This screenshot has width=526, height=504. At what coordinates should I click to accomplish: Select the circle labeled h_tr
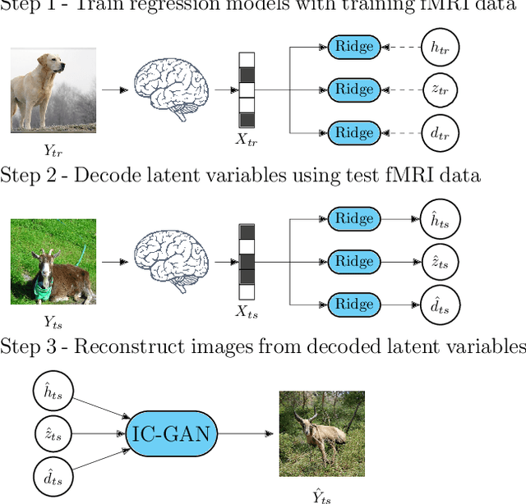click(x=439, y=46)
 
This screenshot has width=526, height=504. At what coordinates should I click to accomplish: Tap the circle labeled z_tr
click(x=439, y=89)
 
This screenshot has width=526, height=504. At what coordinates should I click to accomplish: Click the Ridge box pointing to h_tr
click(x=354, y=46)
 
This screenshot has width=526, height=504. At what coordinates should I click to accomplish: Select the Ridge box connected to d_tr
click(x=354, y=133)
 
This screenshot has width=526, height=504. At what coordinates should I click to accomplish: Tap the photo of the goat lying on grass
click(x=53, y=261)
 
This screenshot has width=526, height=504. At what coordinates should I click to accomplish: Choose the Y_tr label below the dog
click(x=52, y=149)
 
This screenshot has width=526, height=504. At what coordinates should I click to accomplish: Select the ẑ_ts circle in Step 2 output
click(x=439, y=262)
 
